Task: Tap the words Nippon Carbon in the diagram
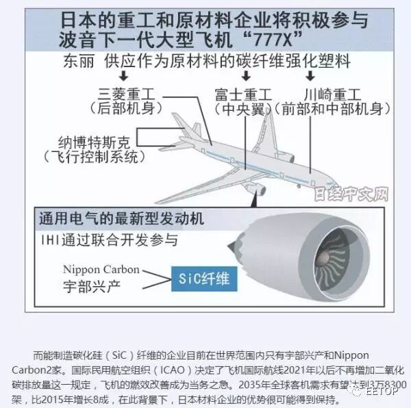tap(101, 269)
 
